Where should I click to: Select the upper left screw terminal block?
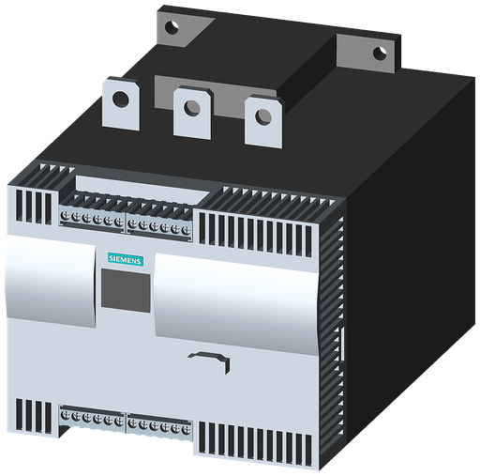point(93,219)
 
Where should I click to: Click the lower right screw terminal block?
point(159,424)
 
